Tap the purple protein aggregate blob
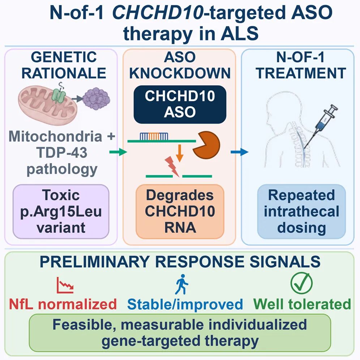[96, 99]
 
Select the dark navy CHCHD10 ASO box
[180, 104]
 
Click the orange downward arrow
[180, 153]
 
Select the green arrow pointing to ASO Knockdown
[118, 152]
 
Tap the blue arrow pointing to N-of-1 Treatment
[240, 152]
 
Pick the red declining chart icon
[65, 285]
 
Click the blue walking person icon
[181, 284]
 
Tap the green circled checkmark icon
[301, 283]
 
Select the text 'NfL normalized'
[63, 304]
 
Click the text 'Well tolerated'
[302, 304]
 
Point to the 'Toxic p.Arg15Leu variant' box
[61, 211]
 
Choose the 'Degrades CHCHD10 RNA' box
[180, 211]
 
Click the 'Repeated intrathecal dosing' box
[301, 211]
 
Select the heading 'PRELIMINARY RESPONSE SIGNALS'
[180, 261]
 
